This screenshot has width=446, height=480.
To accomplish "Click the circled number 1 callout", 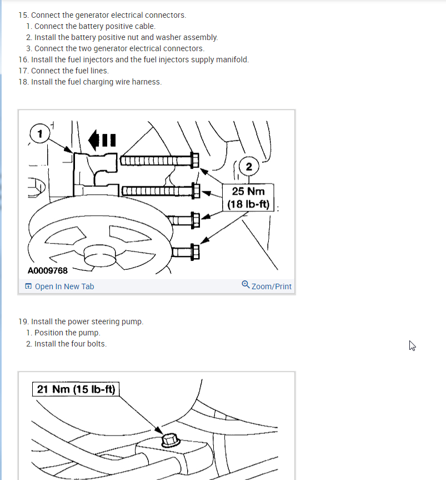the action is (40, 133).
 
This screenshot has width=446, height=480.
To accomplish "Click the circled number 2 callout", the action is (249, 166).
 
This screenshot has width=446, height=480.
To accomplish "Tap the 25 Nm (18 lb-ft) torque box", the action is (248, 197).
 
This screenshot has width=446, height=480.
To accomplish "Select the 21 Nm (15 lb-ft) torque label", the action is (76, 389).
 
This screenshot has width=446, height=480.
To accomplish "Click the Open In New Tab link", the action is (64, 286).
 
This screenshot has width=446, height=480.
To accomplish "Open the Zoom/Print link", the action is (272, 286).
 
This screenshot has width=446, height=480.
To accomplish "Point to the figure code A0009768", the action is (47, 271).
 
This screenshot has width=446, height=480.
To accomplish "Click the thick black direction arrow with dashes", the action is (102, 140).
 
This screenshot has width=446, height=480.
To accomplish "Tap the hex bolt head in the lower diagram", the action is (171, 440).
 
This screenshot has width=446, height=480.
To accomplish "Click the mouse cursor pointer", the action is (412, 345).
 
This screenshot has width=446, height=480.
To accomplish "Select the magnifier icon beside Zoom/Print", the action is (245, 285).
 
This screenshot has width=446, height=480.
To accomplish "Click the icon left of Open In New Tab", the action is (28, 286).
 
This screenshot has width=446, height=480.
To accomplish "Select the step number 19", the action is (23, 321).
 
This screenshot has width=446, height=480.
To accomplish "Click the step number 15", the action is (23, 15).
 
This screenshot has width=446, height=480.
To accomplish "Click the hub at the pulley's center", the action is (100, 255).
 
